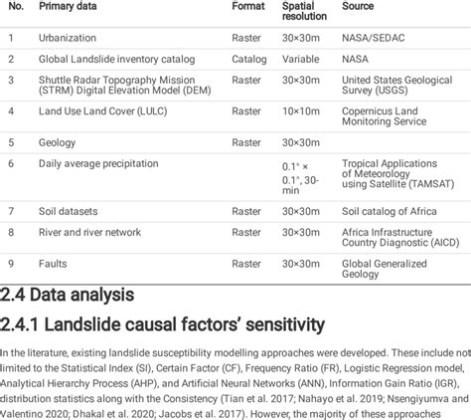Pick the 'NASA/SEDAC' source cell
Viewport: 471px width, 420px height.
(377, 38)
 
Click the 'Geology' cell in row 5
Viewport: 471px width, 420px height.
(56, 142)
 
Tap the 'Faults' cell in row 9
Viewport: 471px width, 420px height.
(52, 262)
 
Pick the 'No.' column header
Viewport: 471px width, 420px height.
(12, 7)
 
